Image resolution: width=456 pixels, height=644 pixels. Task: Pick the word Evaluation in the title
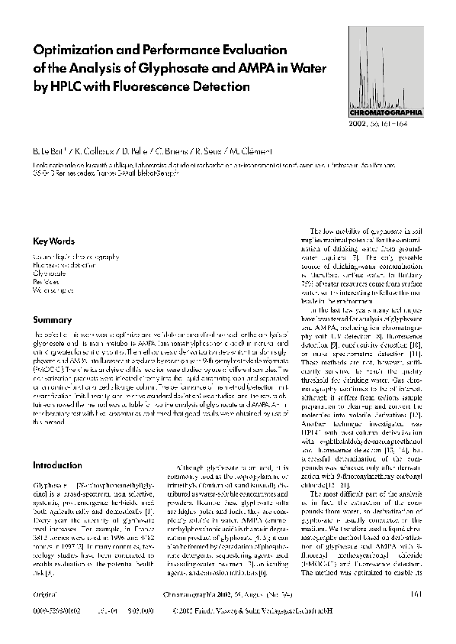tap(244, 50)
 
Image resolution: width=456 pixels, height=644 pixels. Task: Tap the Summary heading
tap(50, 319)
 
